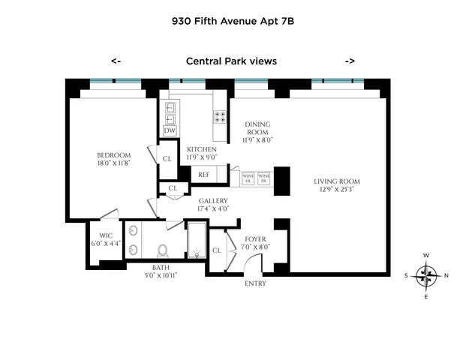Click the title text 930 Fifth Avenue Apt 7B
click(233, 22)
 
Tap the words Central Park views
click(232, 61)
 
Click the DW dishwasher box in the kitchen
click(170, 130)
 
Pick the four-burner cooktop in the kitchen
click(221, 116)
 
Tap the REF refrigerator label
click(203, 175)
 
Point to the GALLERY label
click(213, 201)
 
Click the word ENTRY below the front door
click(255, 283)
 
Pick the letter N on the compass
click(446, 276)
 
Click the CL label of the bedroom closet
click(168, 158)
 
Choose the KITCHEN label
click(202, 148)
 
